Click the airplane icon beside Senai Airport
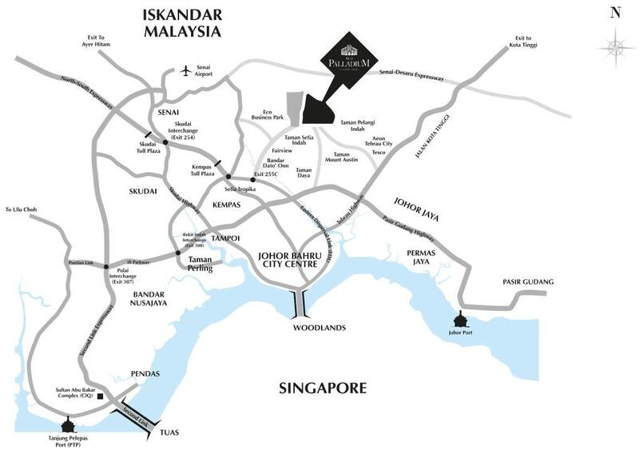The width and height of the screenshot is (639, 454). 186,71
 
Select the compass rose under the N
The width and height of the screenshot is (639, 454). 615,46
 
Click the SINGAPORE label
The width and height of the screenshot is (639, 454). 323,389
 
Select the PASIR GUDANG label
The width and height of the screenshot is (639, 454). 528,282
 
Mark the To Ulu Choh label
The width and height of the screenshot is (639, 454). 22,209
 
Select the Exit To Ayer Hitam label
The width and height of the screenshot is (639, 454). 101,42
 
